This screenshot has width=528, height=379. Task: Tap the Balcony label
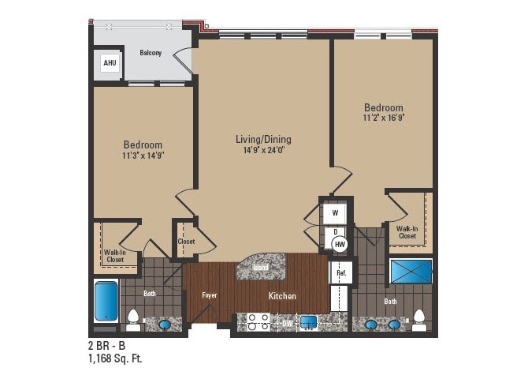tap(151, 53)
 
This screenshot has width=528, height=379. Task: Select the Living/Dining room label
tap(259, 139)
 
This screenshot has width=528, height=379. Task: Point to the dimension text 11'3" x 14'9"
tap(143, 156)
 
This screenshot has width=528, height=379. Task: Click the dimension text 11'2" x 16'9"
tap(383, 118)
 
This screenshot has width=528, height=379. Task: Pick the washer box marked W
tap(334, 213)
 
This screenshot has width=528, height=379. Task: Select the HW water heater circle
tap(340, 246)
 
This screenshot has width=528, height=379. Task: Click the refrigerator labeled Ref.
tap(341, 273)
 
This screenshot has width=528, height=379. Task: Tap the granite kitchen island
tap(260, 267)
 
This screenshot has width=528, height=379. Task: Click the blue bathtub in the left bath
tap(106, 300)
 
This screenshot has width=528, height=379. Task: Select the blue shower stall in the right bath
tap(411, 271)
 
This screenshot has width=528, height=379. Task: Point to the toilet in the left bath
tap(134, 321)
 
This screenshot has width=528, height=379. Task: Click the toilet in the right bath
tap(419, 321)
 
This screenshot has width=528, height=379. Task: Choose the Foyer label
tap(209, 295)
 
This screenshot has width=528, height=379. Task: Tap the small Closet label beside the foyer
tap(187, 242)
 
